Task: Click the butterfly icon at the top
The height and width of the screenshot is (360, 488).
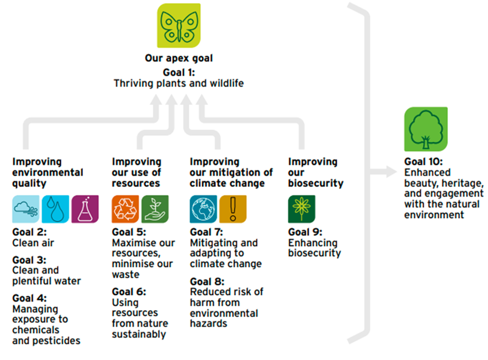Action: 178,25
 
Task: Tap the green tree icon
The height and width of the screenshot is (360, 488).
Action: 426,128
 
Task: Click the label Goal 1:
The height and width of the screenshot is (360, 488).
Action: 179,72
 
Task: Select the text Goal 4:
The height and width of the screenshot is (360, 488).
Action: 30,298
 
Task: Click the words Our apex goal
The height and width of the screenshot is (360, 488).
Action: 179,58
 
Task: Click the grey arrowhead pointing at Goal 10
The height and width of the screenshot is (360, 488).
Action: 392,172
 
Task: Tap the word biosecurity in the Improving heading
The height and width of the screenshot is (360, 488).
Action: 316,183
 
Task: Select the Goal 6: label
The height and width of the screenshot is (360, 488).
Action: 129,292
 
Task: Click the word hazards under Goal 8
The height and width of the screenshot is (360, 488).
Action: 208,323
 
